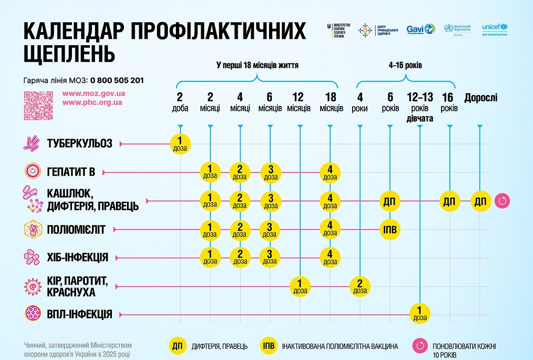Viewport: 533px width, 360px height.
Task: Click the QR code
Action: (x=39, y=106)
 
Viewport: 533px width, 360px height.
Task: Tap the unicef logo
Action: (x=494, y=30)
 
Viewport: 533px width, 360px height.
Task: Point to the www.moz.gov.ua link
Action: (x=93, y=94)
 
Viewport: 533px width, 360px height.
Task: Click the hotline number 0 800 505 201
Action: (x=117, y=80)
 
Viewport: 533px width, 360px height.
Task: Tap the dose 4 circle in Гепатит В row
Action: (x=330, y=172)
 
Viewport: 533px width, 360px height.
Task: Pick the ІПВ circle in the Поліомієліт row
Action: (x=390, y=230)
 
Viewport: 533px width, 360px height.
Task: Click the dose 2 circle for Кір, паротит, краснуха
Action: (x=360, y=286)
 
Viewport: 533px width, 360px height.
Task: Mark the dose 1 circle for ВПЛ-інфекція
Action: (x=420, y=315)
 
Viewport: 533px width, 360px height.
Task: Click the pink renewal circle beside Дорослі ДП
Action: (x=502, y=201)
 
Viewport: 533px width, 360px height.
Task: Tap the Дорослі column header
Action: (x=481, y=98)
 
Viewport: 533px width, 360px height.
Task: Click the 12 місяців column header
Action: (x=299, y=103)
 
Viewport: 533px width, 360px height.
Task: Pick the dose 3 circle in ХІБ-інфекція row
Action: (x=269, y=258)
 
